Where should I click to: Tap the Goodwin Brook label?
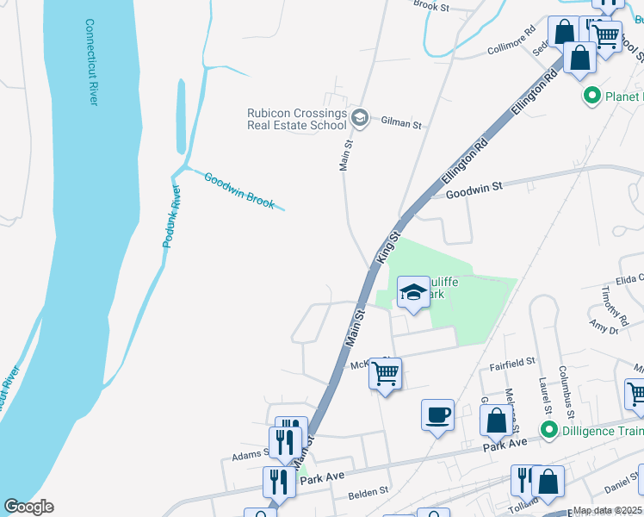point(239,190)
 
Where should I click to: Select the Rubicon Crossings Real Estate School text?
point(296,119)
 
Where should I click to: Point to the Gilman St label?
point(400,125)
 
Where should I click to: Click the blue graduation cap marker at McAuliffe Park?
point(413,293)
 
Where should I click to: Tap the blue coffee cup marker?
point(437,414)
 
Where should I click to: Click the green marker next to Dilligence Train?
point(545,428)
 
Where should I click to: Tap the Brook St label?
point(432,6)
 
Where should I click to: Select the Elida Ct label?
point(629,279)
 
